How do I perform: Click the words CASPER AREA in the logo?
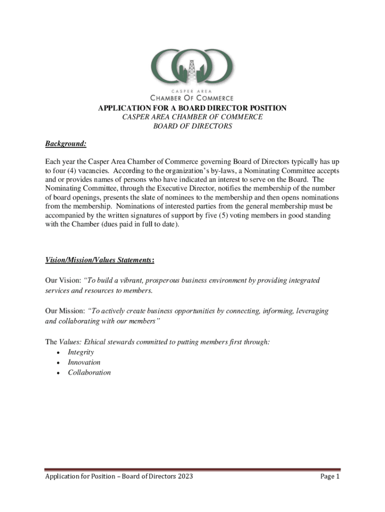click(192, 91)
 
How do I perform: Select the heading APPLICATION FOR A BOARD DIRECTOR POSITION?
click(192, 108)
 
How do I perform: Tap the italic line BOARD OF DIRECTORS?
click(192, 126)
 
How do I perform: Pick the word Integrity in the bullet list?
click(81, 352)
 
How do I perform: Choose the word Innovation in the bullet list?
click(84, 362)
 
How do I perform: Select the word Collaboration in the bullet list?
click(89, 372)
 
